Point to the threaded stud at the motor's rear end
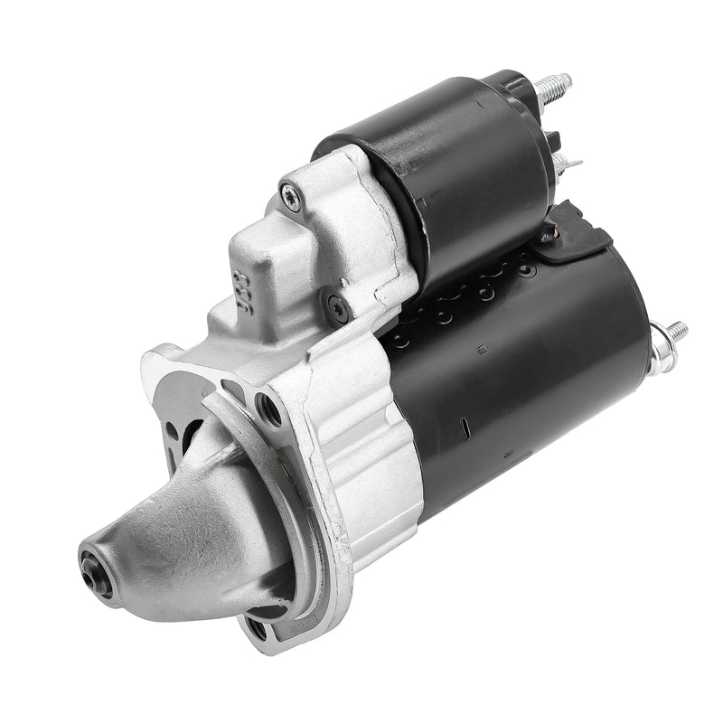(676, 331)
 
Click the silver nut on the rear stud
(658, 344)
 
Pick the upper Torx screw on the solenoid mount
(290, 195)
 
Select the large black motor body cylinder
(533, 380)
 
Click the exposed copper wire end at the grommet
(545, 237)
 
